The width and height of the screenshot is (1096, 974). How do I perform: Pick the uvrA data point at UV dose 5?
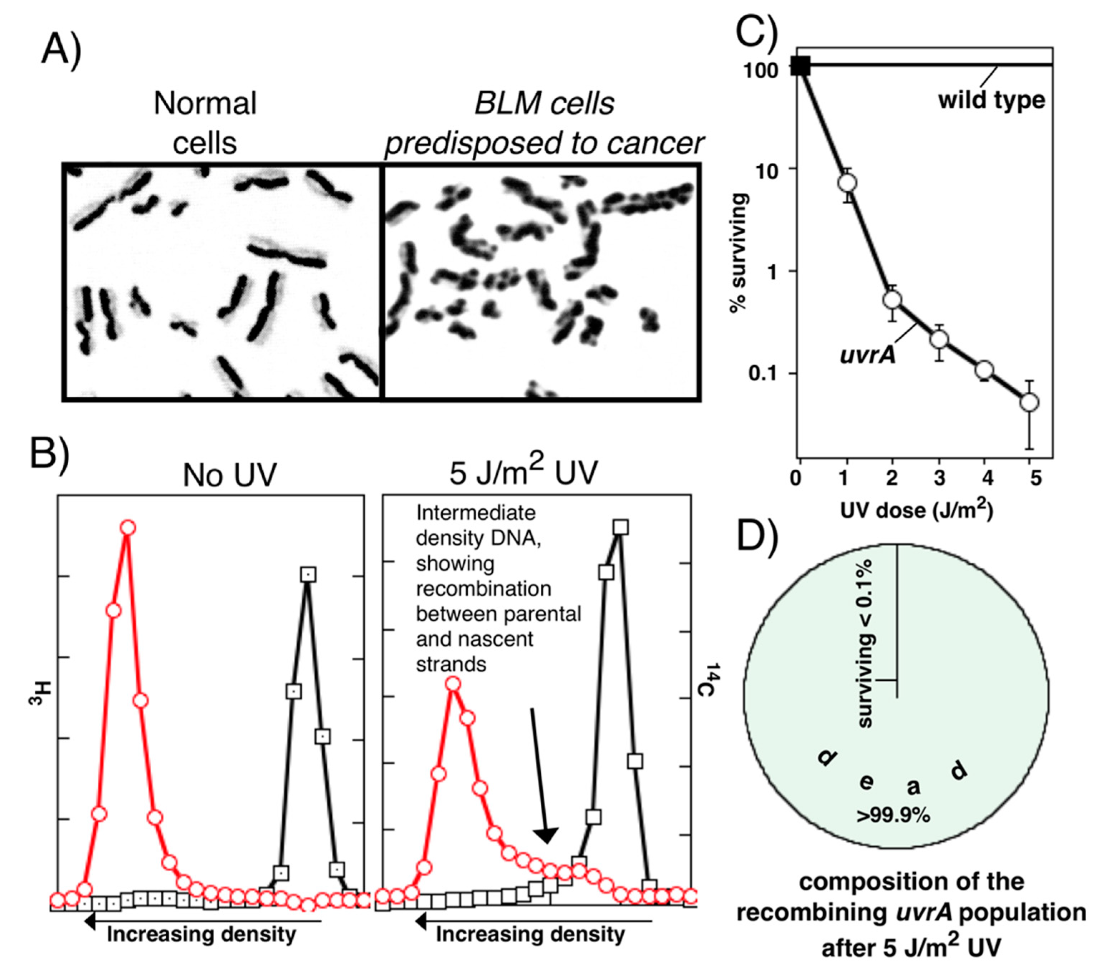tap(1029, 402)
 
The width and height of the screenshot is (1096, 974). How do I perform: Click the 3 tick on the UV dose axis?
tap(939, 476)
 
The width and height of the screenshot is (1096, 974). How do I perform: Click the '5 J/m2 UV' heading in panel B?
tap(523, 472)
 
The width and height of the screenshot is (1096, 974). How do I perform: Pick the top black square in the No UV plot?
tap(308, 575)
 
